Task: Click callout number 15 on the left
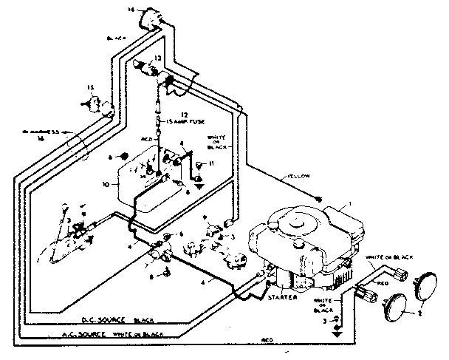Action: point(91,89)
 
